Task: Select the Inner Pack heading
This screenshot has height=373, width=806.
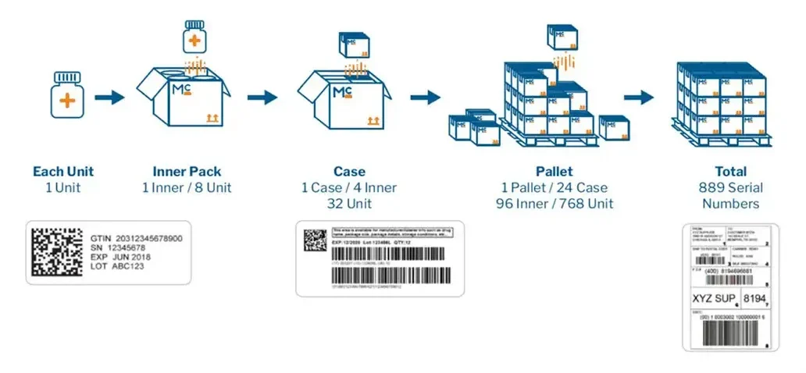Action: click(x=187, y=172)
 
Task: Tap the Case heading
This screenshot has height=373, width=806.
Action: click(x=349, y=172)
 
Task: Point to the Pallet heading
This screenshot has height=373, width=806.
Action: click(x=554, y=172)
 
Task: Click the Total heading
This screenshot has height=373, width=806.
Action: click(x=730, y=172)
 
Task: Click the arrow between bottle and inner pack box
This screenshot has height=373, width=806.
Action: click(x=109, y=98)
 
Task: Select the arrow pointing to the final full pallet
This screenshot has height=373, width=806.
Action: click(x=638, y=98)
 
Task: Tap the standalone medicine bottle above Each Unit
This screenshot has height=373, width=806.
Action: click(x=67, y=96)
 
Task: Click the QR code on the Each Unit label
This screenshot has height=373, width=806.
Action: click(x=57, y=252)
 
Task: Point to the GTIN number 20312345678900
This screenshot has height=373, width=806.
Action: click(x=148, y=238)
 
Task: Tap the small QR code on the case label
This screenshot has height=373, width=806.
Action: click(x=315, y=240)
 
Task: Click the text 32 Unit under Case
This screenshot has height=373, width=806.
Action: click(x=349, y=204)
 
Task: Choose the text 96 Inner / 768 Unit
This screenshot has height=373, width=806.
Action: click(x=554, y=204)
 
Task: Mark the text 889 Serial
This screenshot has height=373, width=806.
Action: click(x=730, y=188)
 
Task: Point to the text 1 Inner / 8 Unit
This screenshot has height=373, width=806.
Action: click(x=187, y=188)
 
